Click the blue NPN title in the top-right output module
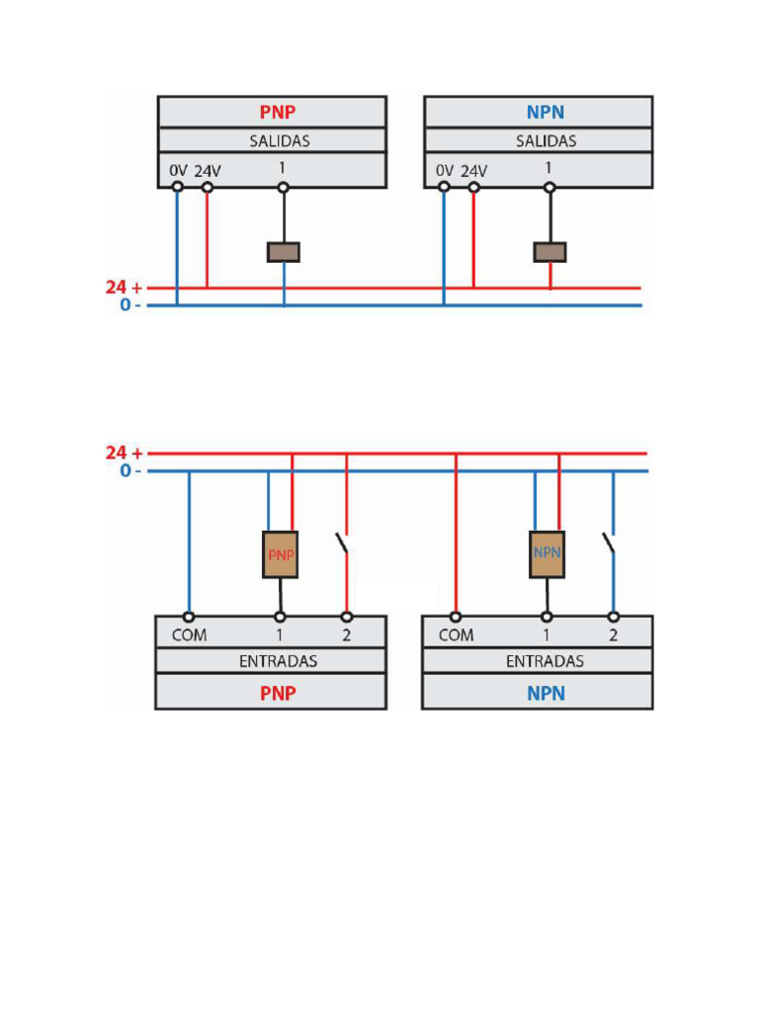(545, 112)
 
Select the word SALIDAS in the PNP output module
(279, 141)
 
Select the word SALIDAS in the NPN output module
(546, 141)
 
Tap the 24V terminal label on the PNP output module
(208, 171)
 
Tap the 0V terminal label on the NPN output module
(445, 171)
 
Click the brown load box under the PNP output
(284, 252)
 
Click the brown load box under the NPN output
(550, 252)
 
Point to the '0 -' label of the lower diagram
(129, 470)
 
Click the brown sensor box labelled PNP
(281, 554)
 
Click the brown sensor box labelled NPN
(547, 553)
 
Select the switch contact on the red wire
(342, 544)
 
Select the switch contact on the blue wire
(609, 544)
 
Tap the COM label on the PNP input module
(189, 635)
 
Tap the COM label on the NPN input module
(456, 635)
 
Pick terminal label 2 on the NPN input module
(613, 635)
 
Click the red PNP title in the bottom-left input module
(278, 693)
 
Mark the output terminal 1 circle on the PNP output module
(284, 187)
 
